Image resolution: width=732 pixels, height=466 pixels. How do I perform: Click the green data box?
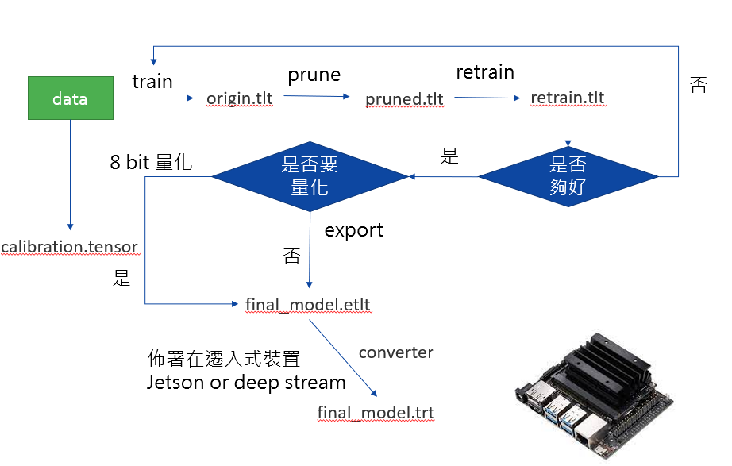click(x=70, y=98)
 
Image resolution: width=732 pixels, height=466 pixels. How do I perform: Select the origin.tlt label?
click(x=240, y=98)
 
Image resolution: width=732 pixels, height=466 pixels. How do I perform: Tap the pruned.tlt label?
click(x=404, y=99)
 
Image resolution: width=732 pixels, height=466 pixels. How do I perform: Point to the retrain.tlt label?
click(x=567, y=98)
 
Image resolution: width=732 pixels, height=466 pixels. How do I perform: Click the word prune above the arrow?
click(x=314, y=75)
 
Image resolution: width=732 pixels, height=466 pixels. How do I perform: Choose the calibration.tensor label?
click(x=70, y=247)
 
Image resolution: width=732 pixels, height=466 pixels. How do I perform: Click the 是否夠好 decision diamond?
click(x=568, y=175)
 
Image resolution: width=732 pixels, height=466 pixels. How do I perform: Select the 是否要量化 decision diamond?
click(x=310, y=175)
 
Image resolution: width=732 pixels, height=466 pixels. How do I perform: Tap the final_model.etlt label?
click(x=308, y=304)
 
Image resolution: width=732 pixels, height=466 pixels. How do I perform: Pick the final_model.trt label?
click(x=376, y=412)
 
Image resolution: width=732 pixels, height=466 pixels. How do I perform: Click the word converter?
click(x=396, y=352)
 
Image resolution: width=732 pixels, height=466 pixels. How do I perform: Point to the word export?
click(x=354, y=230)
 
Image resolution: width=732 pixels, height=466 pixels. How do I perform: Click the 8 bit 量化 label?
click(x=151, y=163)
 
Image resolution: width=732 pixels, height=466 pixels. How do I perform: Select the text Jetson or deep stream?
click(x=246, y=382)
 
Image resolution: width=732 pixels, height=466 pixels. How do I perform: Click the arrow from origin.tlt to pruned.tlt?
click(x=316, y=97)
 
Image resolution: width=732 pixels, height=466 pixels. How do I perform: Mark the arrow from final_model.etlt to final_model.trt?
click(x=342, y=358)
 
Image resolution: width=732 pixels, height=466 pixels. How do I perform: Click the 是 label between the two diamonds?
click(x=449, y=156)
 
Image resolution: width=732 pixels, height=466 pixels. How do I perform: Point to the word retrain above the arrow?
click(x=484, y=72)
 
